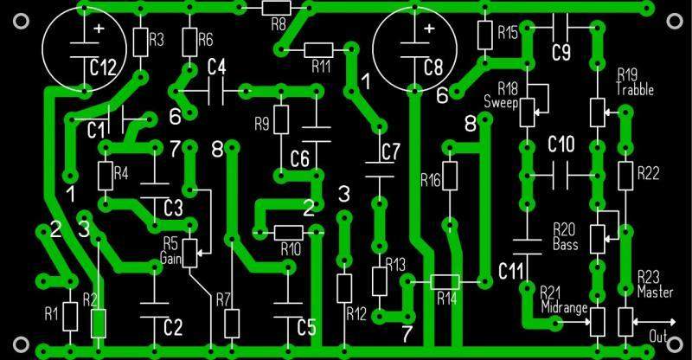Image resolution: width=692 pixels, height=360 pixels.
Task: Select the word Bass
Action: pyautogui.click(x=564, y=245)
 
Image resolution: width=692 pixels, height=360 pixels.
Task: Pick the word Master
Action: pyautogui.click(x=655, y=292)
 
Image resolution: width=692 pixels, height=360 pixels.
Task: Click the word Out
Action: pyautogui.click(x=661, y=337)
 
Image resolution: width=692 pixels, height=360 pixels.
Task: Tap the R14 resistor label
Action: pyautogui.click(x=446, y=299)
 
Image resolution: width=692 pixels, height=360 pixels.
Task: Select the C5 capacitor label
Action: pyautogui.click(x=306, y=328)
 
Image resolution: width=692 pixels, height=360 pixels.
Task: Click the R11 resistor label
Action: pyautogui.click(x=320, y=66)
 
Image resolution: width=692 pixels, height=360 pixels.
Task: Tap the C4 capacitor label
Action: pyautogui.click(x=216, y=67)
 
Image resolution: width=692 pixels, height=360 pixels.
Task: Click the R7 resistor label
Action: pyautogui.click(x=223, y=299)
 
